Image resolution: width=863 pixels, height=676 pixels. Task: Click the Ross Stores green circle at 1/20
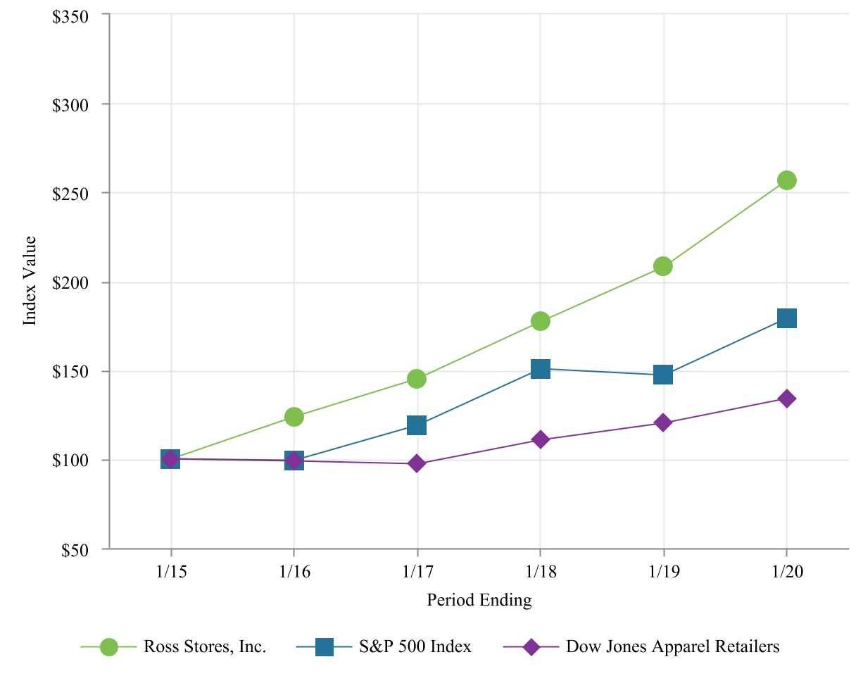[786, 180]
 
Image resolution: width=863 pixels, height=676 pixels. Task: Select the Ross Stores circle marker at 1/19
[662, 266]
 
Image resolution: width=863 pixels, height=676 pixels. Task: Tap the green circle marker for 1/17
[417, 379]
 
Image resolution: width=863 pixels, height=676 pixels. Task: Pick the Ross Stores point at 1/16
[294, 417]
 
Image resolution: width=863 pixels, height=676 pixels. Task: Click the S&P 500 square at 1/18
[540, 368]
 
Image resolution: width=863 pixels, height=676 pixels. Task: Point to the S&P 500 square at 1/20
[786, 318]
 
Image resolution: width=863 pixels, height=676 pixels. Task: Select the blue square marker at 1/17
[417, 425]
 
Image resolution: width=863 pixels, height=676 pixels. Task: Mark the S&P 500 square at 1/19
[662, 375]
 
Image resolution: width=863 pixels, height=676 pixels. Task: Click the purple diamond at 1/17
[417, 463]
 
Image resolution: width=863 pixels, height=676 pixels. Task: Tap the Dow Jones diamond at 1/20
[786, 399]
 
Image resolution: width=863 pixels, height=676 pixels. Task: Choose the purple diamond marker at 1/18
[540, 439]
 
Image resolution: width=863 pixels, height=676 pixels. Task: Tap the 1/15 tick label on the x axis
[171, 572]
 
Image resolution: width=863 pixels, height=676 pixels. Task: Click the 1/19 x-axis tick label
[662, 572]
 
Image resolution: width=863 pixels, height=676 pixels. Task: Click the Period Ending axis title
[479, 601]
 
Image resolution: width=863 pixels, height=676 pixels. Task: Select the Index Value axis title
[30, 282]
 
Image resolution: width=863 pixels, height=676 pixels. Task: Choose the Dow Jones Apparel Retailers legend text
[673, 646]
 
